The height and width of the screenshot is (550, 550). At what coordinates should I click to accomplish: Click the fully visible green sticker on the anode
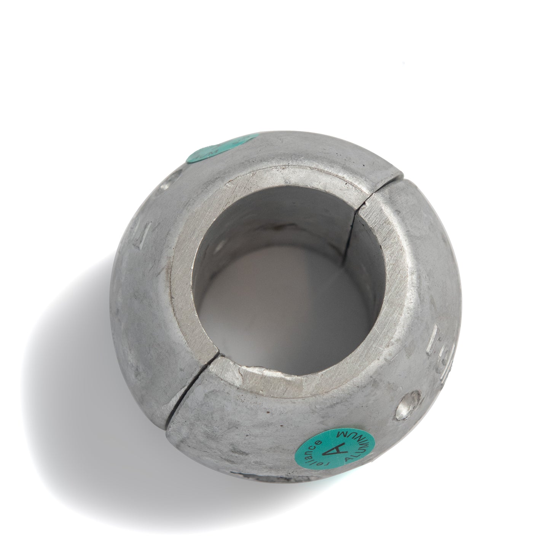pyautogui.click(x=335, y=451)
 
